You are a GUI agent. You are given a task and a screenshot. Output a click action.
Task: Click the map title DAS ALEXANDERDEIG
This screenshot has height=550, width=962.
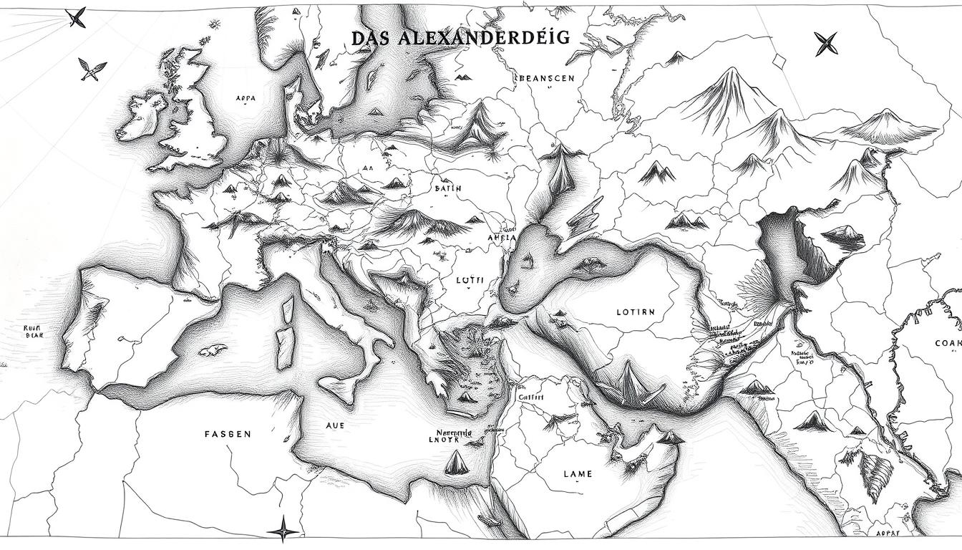tap(461, 38)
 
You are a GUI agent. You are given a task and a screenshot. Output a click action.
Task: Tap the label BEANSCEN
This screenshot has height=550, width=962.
tap(545, 78)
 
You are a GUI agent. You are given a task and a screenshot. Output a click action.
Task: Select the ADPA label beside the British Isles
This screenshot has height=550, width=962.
tap(245, 99)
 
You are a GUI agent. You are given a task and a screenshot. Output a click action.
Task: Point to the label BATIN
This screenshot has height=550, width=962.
tap(448, 188)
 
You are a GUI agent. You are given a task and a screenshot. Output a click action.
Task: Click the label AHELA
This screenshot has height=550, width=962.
tap(501, 238)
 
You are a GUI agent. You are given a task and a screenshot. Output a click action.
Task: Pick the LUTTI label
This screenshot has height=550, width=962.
tap(469, 281)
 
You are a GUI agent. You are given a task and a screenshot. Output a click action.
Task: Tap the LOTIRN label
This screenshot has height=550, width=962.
tap(635, 312)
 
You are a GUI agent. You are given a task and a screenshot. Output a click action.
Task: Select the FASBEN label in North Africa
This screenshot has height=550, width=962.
tap(228, 434)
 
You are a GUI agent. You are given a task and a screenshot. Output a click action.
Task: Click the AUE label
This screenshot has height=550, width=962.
tap(335, 425)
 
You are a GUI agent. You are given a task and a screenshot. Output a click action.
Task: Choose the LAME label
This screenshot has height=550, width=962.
tap(578, 473)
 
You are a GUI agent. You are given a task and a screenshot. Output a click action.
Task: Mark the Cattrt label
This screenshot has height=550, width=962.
tap(530, 396)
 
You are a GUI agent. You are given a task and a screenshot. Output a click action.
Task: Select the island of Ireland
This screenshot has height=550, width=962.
tap(142, 115)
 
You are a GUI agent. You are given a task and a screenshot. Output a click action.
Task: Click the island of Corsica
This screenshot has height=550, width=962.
tap(288, 309)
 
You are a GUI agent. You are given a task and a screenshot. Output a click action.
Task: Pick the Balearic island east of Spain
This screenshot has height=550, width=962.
tap(208, 350)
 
